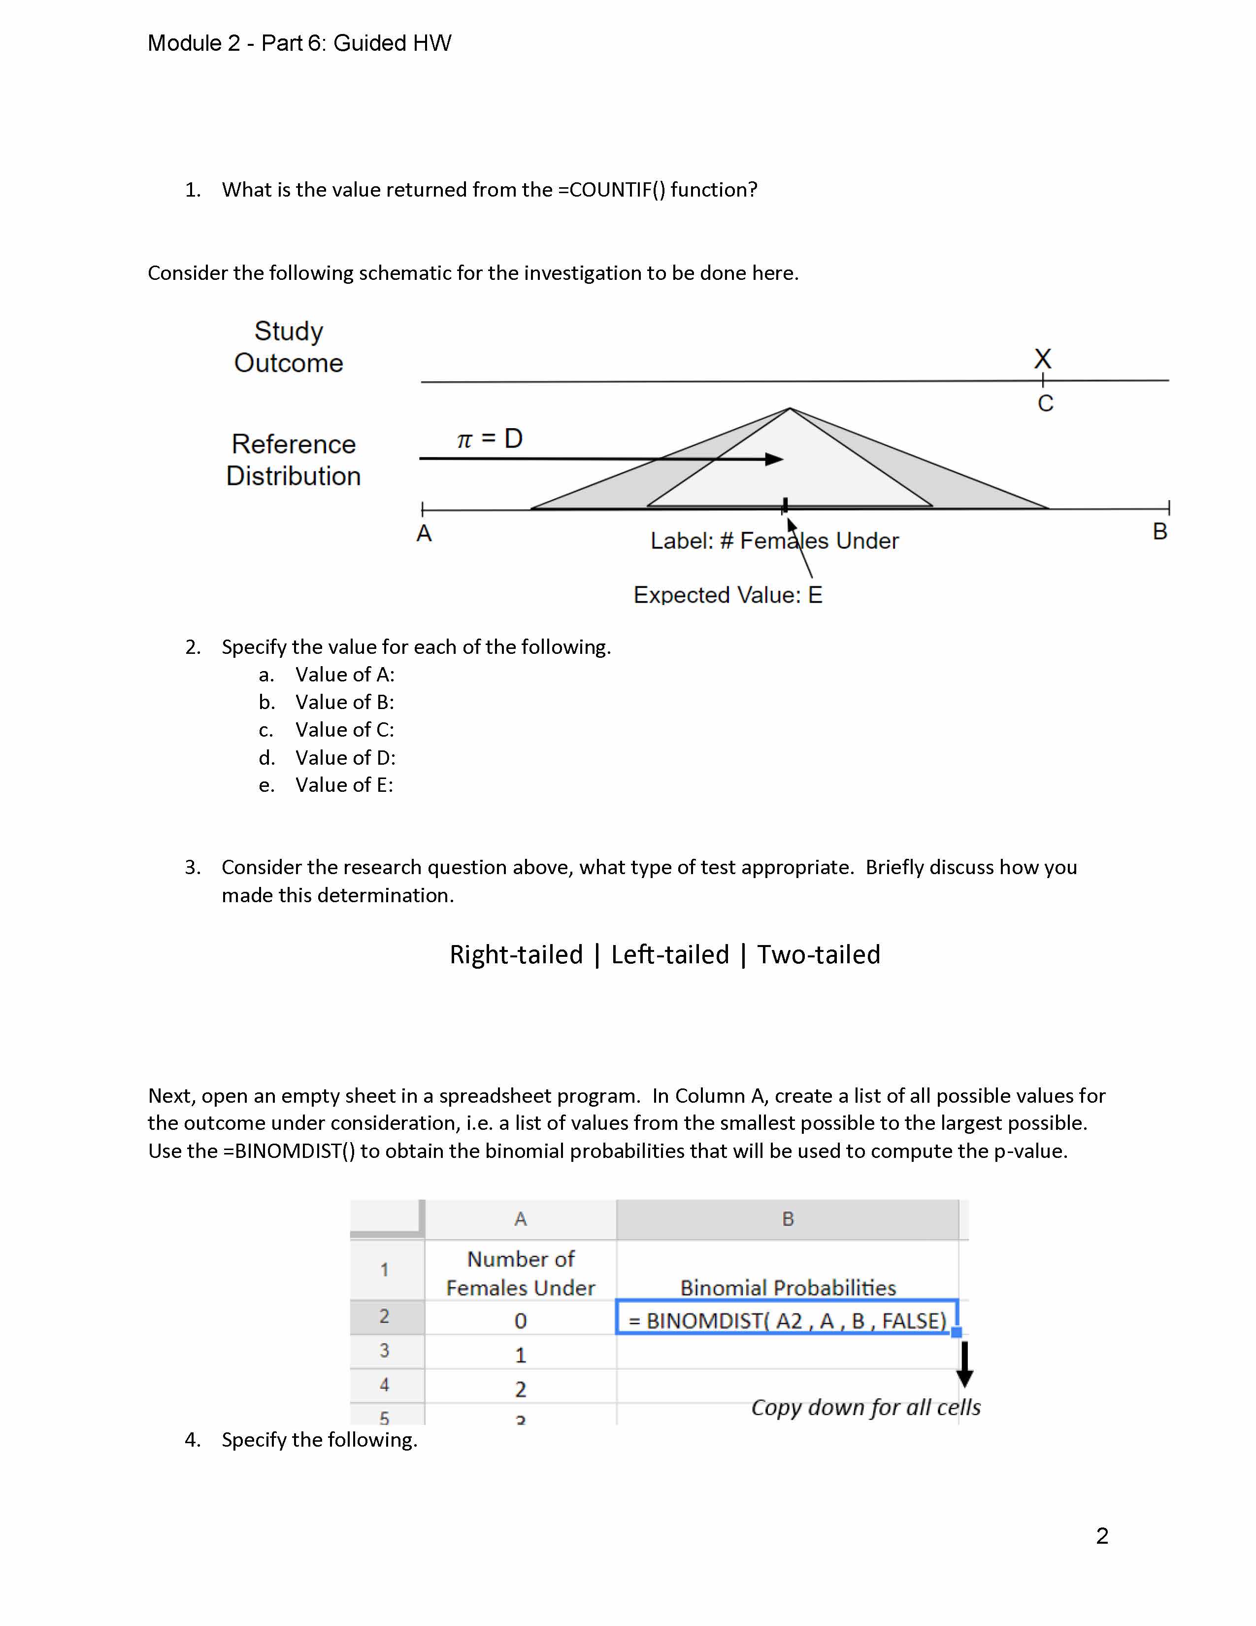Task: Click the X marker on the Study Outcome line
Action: pyautogui.click(x=1042, y=359)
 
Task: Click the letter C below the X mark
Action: pyautogui.click(x=1045, y=404)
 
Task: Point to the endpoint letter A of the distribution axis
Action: pyautogui.click(x=424, y=534)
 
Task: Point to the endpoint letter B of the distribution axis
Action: pyautogui.click(x=1159, y=532)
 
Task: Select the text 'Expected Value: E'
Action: pyautogui.click(x=727, y=595)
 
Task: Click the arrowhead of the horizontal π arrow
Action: pyautogui.click(x=775, y=459)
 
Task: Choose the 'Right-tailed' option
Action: pyautogui.click(x=516, y=954)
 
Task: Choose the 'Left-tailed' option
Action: pyautogui.click(x=670, y=954)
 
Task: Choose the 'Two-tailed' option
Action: pyautogui.click(x=819, y=954)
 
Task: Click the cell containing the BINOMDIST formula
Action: pyautogui.click(x=787, y=1321)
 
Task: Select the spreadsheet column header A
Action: pyautogui.click(x=520, y=1219)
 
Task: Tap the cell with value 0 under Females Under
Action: pyautogui.click(x=520, y=1321)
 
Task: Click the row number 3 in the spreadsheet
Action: pyautogui.click(x=385, y=1351)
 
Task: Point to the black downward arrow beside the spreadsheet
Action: pyautogui.click(x=964, y=1364)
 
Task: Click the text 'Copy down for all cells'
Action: pyautogui.click(x=865, y=1407)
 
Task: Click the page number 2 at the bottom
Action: pyautogui.click(x=1102, y=1536)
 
